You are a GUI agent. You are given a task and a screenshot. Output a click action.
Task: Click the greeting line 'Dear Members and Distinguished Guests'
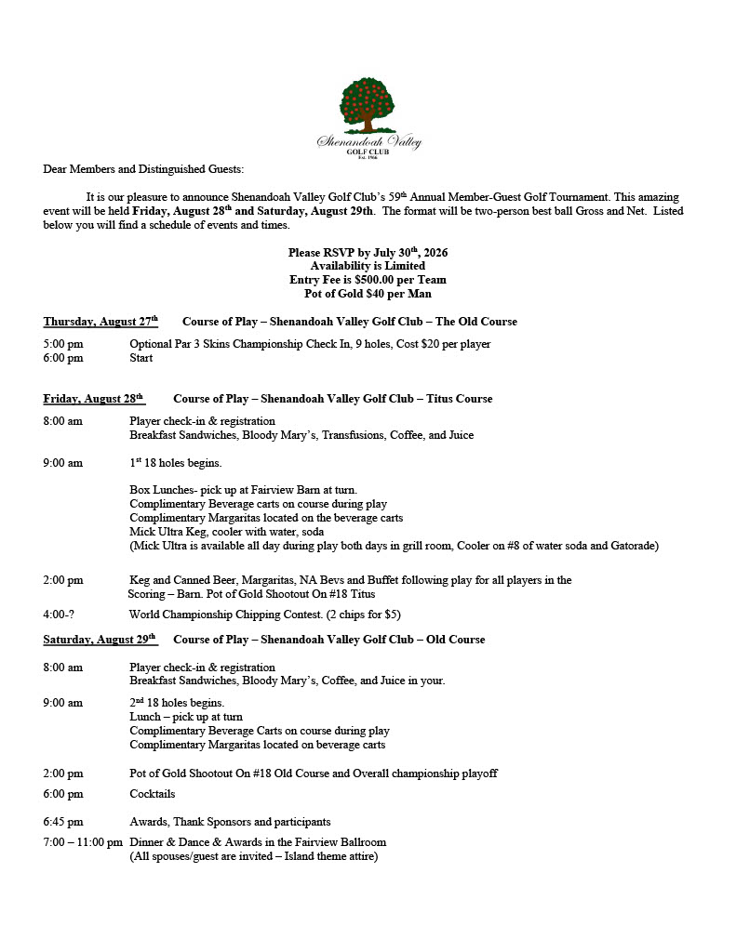click(143, 169)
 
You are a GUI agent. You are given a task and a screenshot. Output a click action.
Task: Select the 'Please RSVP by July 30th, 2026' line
click(368, 253)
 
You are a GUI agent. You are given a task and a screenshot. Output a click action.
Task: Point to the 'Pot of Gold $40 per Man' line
click(368, 294)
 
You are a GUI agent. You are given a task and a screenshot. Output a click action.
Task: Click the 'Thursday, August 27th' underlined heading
click(100, 322)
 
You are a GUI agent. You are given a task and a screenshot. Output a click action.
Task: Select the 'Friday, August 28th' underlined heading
click(93, 399)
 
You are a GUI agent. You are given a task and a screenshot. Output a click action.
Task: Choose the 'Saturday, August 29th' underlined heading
click(100, 640)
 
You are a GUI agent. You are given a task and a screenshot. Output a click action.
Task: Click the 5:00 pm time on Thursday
click(63, 344)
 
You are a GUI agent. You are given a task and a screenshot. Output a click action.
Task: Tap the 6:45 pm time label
click(63, 822)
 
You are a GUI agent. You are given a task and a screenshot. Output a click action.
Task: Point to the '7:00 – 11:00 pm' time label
click(83, 842)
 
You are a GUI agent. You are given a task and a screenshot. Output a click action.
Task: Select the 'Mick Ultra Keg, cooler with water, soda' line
click(222, 531)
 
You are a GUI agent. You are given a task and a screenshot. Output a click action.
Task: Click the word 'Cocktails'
click(153, 794)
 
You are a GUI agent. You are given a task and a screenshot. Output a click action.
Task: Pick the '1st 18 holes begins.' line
click(176, 463)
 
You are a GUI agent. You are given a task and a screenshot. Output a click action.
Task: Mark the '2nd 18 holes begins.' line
click(177, 703)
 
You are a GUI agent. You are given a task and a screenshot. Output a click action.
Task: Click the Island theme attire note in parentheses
click(253, 856)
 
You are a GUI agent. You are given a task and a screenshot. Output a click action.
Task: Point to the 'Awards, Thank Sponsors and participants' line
click(230, 822)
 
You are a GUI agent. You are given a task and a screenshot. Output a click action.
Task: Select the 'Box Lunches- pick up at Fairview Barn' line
click(243, 490)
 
